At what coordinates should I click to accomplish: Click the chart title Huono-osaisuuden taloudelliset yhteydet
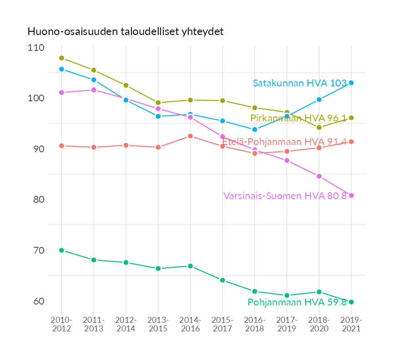(x=125, y=31)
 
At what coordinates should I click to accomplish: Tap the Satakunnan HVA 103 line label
(x=300, y=83)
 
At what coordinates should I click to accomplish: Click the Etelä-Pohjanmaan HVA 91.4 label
(x=284, y=142)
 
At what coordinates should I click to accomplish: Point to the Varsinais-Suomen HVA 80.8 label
(x=285, y=196)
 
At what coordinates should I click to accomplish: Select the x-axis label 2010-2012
(x=61, y=325)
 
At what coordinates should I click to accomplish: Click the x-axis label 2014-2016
(x=190, y=325)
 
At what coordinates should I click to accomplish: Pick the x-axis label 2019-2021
(x=351, y=325)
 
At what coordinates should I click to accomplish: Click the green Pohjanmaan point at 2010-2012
(x=61, y=250)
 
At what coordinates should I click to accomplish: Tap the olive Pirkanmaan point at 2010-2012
(x=61, y=58)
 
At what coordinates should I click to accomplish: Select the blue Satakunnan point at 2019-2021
(x=351, y=83)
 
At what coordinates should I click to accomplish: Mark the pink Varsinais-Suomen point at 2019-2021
(x=351, y=195)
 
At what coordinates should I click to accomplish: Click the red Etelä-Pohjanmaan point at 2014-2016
(x=190, y=136)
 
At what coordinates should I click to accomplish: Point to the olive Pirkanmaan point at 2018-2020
(x=319, y=128)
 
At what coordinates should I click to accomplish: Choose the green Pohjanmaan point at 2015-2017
(x=222, y=280)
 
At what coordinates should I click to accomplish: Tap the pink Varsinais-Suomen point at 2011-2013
(x=94, y=90)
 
